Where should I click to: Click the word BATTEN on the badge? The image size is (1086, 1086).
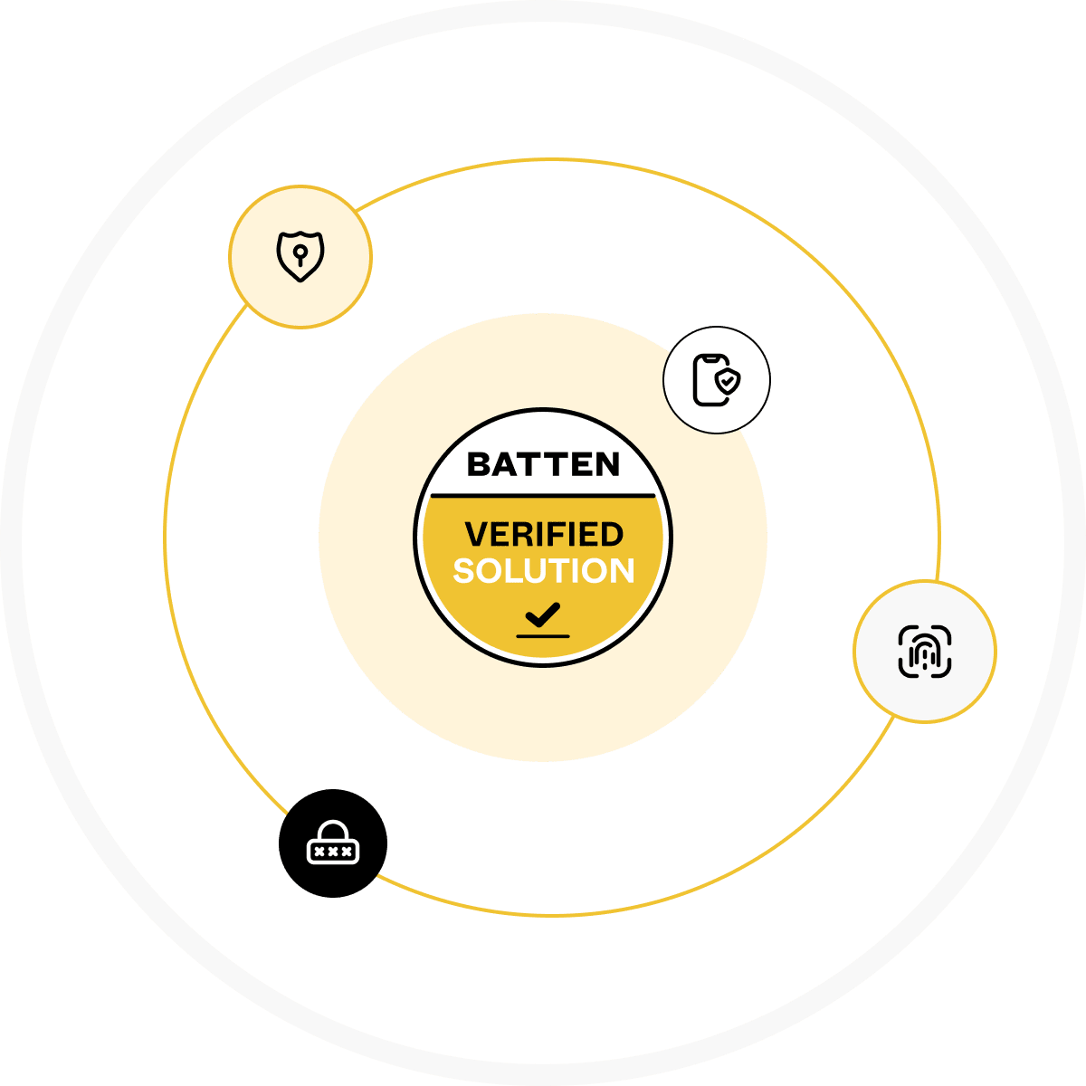coord(543,464)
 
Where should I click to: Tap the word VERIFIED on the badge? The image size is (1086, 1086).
coord(544,534)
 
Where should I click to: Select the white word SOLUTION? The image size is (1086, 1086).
coord(544,571)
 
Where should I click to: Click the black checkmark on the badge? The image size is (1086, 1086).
coord(543,614)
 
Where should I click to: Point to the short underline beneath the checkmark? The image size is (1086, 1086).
coord(543,636)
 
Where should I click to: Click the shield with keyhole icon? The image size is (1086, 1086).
coord(300,256)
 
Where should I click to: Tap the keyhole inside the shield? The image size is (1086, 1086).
coord(300,255)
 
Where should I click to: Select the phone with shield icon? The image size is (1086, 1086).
coord(716,380)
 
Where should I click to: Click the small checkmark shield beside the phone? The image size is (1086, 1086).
coord(728,382)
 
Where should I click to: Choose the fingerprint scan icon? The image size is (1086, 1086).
coord(924,652)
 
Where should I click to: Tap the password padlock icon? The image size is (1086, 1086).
coord(333,842)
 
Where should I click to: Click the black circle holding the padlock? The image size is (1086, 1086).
coord(333,843)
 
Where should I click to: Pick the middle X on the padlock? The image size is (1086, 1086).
coord(333,852)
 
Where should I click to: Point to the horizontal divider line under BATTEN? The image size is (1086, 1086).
coord(543,496)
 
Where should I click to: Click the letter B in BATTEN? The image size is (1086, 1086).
coord(479,465)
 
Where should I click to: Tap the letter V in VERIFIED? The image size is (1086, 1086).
coord(476,534)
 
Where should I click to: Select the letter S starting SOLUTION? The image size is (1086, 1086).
coord(465,571)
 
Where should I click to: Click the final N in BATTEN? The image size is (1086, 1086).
coord(607,465)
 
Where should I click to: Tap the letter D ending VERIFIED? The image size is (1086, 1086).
coord(613,534)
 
